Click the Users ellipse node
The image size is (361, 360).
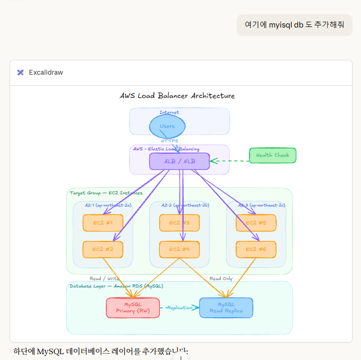tap(167, 127)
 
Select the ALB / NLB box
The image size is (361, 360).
tap(179, 161)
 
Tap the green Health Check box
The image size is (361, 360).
tap(273, 155)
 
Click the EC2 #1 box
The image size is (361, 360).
tap(103, 223)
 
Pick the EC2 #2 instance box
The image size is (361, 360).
tap(103, 249)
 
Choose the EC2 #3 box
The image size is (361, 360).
tap(179, 223)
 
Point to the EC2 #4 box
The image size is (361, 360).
tap(179, 249)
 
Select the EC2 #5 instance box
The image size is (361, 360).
tap(256, 223)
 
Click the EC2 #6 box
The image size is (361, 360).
tap(256, 249)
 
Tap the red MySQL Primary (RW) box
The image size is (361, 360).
tap(132, 308)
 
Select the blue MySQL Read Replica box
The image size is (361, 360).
tap(226, 308)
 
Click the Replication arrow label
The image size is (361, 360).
tap(179, 308)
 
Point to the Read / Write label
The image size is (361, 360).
tap(104, 278)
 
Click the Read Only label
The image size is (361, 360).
tap(221, 278)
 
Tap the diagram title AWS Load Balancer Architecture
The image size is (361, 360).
tap(177, 96)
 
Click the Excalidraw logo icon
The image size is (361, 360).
tap(20, 72)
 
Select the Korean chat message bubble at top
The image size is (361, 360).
tap(294, 25)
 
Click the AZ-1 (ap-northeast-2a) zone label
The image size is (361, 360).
tap(109, 205)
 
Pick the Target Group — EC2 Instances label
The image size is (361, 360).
tap(106, 193)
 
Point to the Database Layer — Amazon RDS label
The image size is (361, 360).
tap(116, 286)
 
